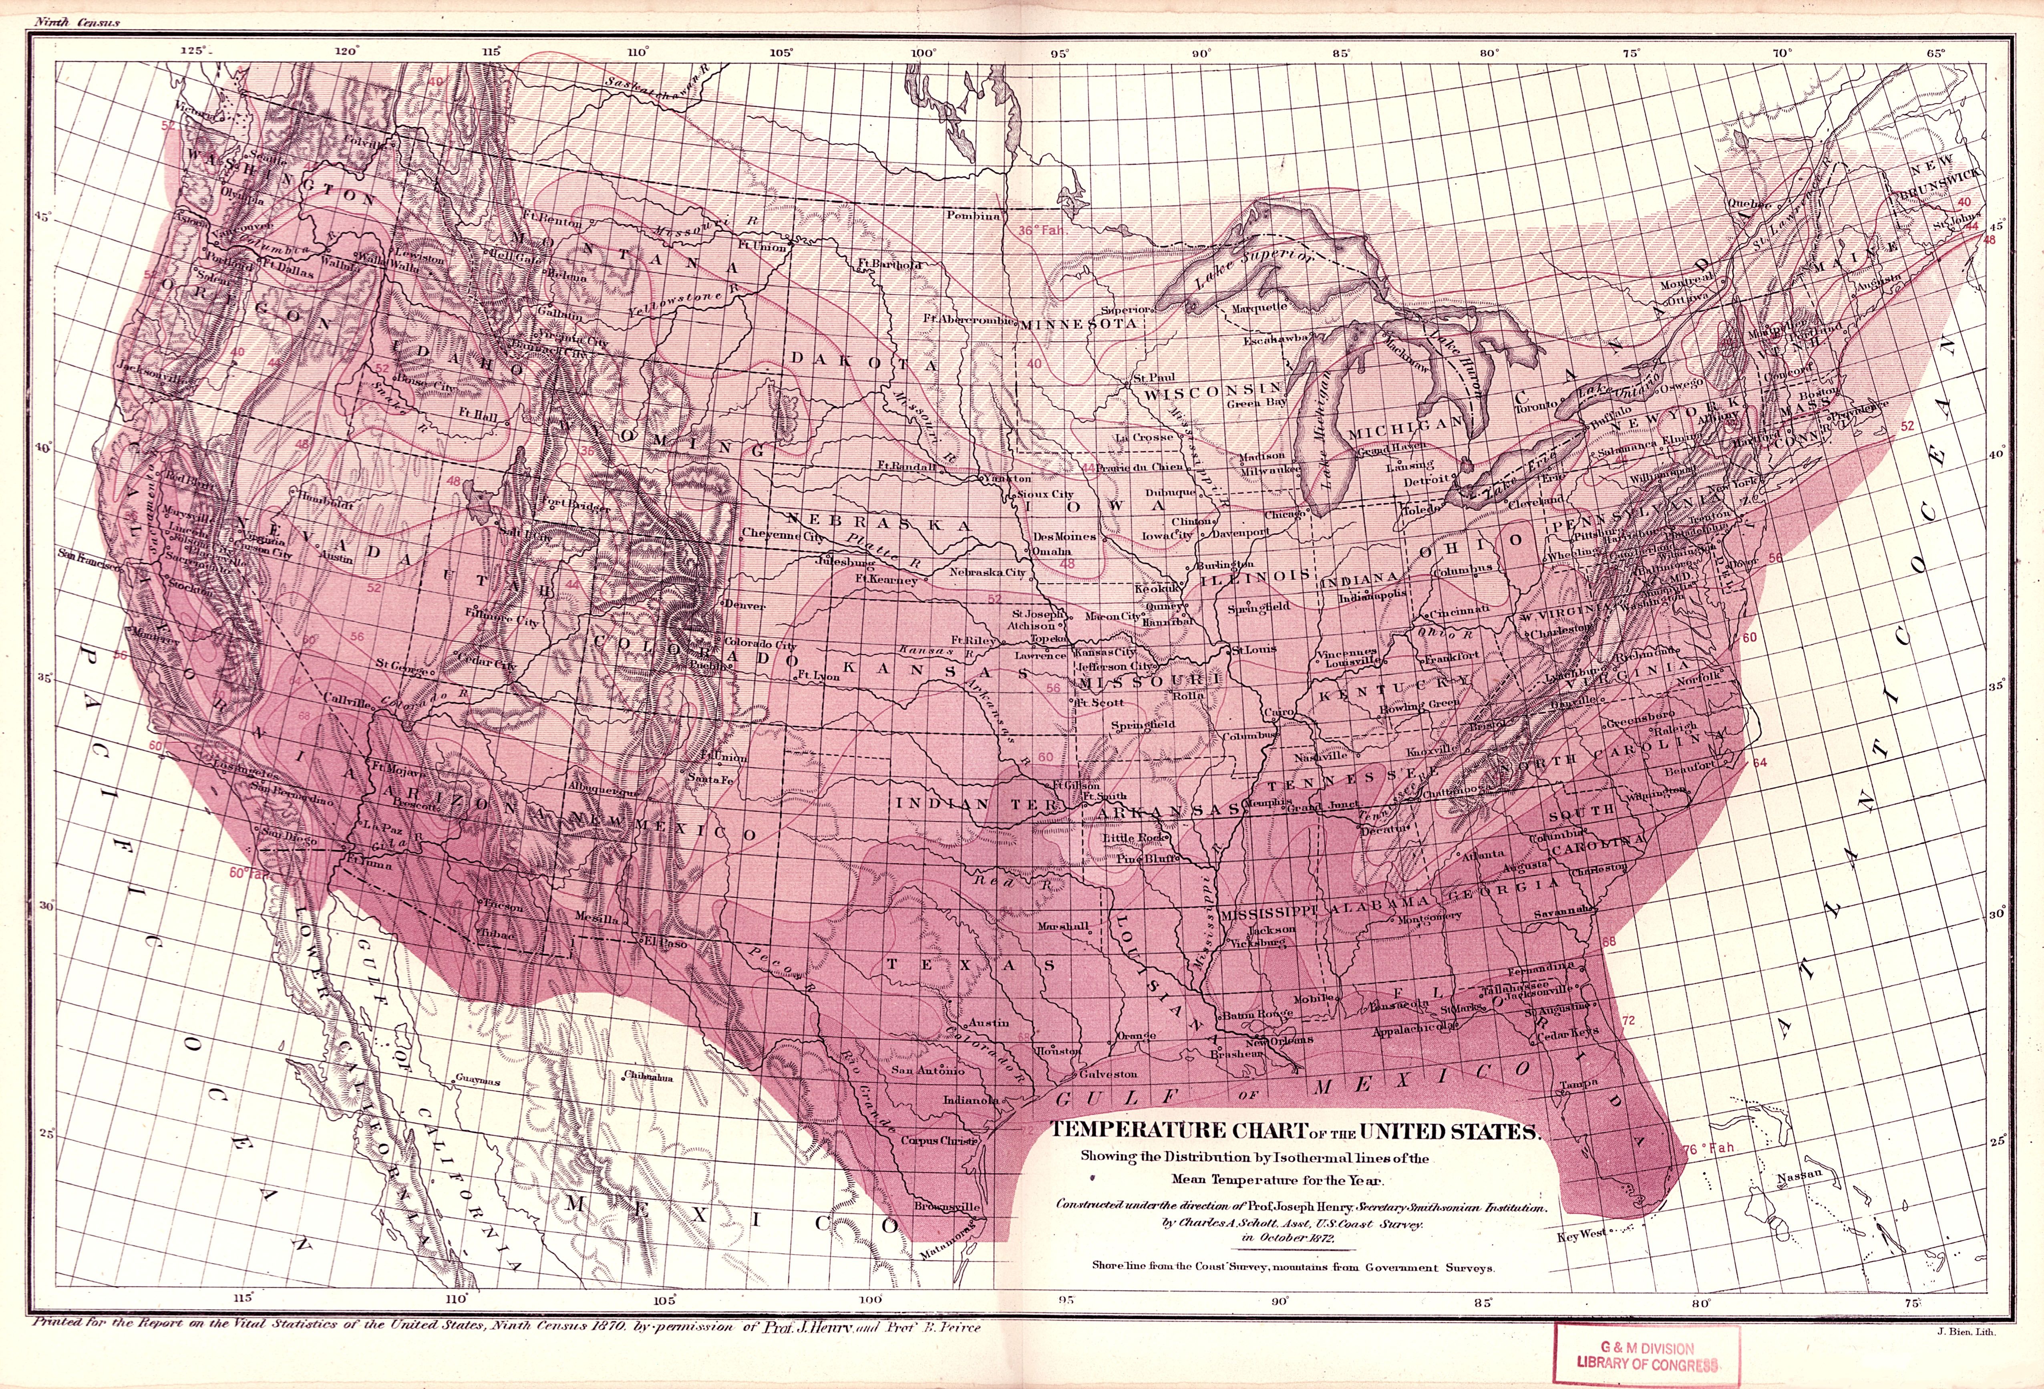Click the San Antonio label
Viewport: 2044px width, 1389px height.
tap(928, 1070)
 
